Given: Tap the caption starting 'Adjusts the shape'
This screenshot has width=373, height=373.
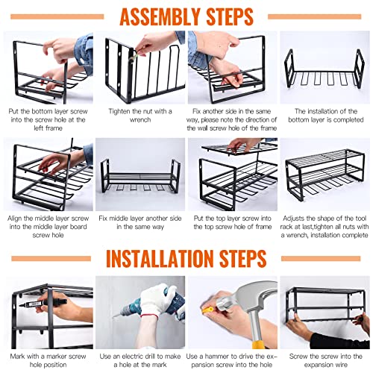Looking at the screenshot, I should (325, 226).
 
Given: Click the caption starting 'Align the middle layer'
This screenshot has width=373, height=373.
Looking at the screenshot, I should (46, 226).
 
